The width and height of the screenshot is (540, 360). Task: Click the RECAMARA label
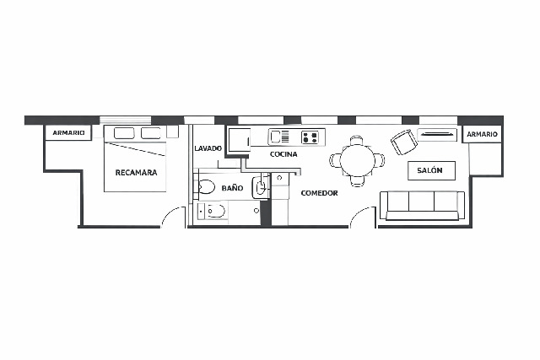(136, 173)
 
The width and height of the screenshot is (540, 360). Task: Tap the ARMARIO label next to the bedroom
(68, 133)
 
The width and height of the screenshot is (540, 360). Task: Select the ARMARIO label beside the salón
(482, 134)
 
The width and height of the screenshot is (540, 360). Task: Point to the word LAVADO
(208, 148)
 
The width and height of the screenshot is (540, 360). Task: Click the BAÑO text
(232, 188)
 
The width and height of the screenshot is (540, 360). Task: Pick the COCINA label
(283, 154)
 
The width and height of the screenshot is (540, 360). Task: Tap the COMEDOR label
(319, 193)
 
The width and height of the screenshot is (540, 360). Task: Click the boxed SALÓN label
(430, 170)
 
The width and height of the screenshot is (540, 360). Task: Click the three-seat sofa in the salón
(422, 205)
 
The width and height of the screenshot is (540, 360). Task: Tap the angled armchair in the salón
(404, 141)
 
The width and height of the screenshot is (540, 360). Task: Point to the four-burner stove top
(310, 136)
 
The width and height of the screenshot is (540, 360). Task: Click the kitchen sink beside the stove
(279, 136)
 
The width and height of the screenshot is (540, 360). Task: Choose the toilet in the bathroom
(207, 187)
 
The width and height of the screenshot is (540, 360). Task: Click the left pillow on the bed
(124, 133)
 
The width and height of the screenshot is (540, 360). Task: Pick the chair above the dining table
(357, 140)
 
